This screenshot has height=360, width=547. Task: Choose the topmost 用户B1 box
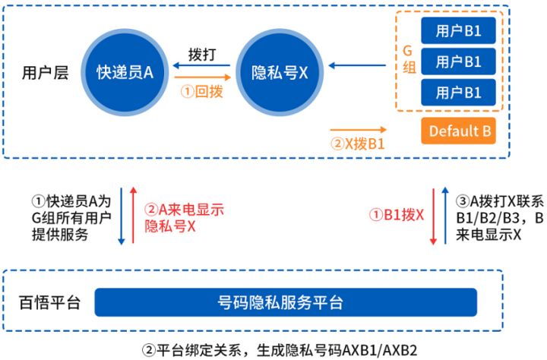458,31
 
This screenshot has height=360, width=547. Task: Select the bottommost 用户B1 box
458,93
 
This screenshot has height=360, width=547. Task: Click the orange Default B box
458,131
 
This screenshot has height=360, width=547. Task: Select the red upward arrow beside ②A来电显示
133,215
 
